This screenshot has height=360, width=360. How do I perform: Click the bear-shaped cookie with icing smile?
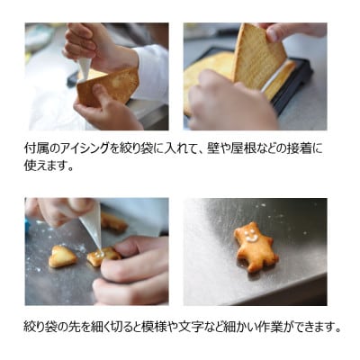[x=255, y=246]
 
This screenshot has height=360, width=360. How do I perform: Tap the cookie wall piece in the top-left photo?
[x=110, y=85]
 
